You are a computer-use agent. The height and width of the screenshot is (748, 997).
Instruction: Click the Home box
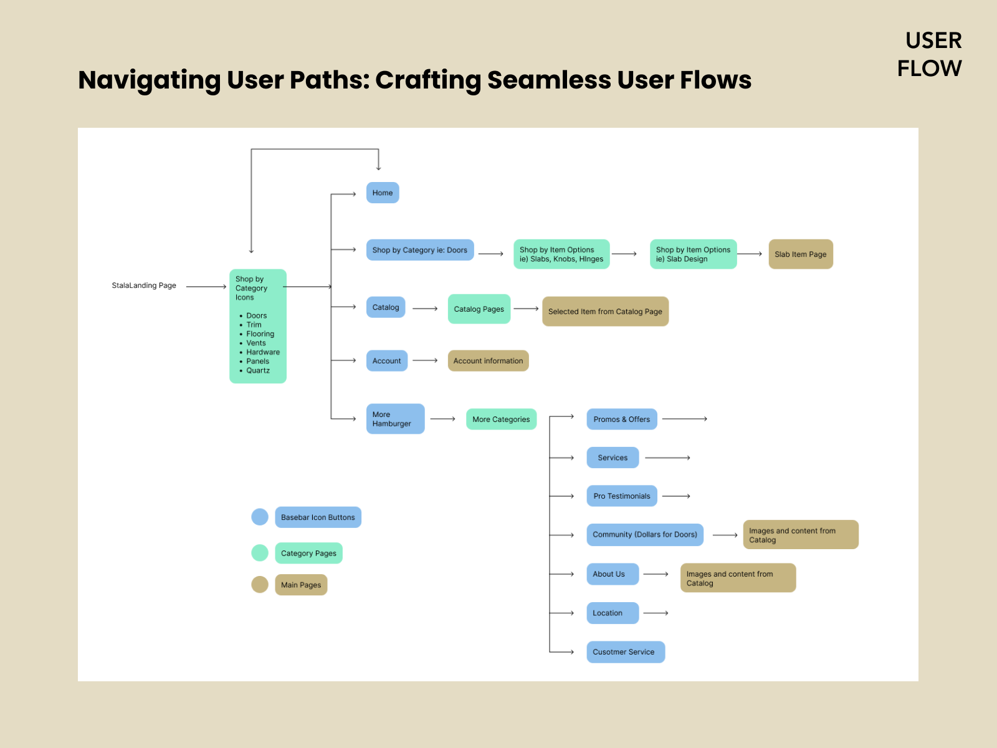pos(383,193)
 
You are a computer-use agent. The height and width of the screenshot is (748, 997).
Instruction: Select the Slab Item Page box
pos(801,254)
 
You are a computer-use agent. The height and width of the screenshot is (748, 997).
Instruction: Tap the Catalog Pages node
pos(479,309)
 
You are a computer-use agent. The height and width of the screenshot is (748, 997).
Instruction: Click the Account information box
pos(488,361)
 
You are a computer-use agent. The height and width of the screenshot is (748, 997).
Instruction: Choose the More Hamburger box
pos(395,419)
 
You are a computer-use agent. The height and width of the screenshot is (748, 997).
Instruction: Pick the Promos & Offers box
pos(621,420)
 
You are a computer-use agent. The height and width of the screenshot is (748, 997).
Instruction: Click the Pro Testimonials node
pos(621,496)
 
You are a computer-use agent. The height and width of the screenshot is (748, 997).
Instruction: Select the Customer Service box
pos(625,652)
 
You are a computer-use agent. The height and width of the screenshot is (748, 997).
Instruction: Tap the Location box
pos(612,613)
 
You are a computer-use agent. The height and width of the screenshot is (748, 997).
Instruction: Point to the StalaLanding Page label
pos(144,285)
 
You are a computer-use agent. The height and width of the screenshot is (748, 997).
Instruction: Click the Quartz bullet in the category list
pos(258,370)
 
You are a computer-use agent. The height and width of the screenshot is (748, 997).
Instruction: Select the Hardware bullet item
pos(263,352)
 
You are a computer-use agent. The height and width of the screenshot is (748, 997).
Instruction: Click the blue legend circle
pos(260,517)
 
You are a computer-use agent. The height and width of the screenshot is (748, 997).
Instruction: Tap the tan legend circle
pos(260,585)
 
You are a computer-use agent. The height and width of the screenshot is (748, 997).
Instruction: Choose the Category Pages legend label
pos(308,554)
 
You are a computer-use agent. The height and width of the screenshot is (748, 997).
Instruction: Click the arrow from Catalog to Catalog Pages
pos(426,309)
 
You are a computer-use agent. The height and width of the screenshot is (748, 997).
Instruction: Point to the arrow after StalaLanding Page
pos(206,287)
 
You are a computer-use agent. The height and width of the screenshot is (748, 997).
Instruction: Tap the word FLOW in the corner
pos(929,68)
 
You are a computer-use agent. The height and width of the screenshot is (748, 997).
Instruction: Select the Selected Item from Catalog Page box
pos(605,312)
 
